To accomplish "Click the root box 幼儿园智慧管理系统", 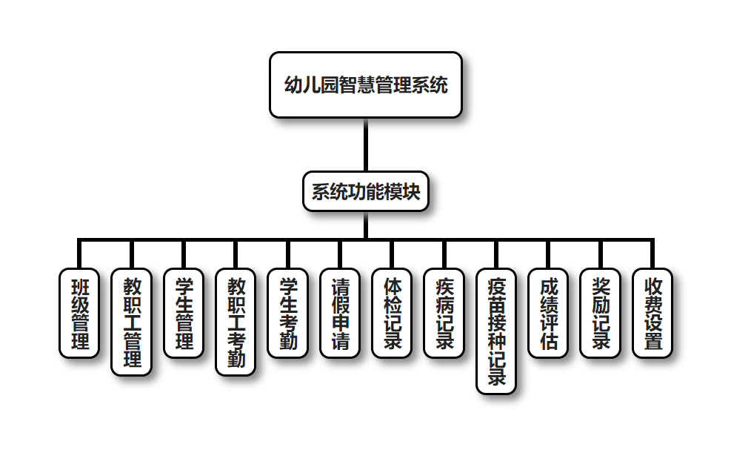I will [366, 85].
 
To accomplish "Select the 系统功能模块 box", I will [366, 192].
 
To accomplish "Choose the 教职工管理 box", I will [131, 322].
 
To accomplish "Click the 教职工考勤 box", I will [236, 322].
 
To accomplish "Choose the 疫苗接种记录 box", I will [496, 331].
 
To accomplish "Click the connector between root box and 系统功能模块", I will [366, 145].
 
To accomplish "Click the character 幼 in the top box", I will [293, 85].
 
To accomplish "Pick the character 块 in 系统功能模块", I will [412, 192].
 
